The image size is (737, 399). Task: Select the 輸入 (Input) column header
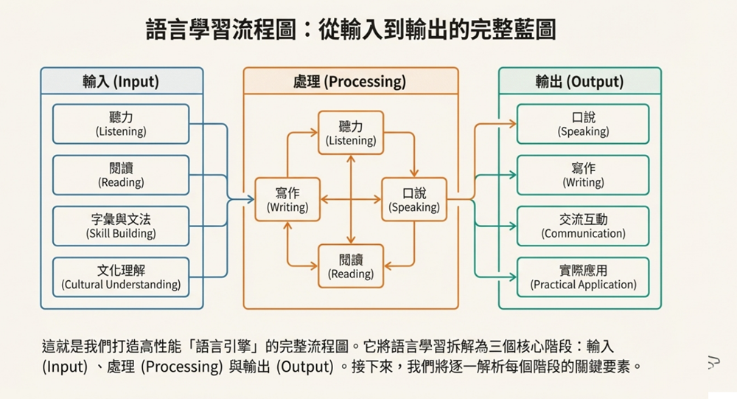click(121, 82)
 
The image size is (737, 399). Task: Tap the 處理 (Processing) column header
click(350, 82)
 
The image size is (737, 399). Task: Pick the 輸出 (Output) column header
click(579, 82)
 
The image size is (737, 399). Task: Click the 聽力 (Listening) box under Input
click(121, 124)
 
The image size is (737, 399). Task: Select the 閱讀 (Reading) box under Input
click(121, 175)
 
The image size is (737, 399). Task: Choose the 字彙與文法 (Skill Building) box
click(121, 226)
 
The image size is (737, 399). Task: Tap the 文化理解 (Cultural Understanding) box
click(121, 277)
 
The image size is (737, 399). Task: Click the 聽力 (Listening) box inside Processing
click(351, 133)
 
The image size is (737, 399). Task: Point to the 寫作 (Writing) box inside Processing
click(287, 200)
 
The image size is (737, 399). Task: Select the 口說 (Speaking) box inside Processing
click(413, 200)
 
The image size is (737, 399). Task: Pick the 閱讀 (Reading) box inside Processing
click(351, 266)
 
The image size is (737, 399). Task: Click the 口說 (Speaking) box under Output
click(583, 124)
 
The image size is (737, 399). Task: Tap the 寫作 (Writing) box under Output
click(583, 175)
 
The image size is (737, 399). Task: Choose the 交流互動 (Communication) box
click(583, 226)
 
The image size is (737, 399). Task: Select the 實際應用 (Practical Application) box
click(583, 277)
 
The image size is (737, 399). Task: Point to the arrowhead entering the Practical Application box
click(513, 277)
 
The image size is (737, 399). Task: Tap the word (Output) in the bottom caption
click(304, 367)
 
